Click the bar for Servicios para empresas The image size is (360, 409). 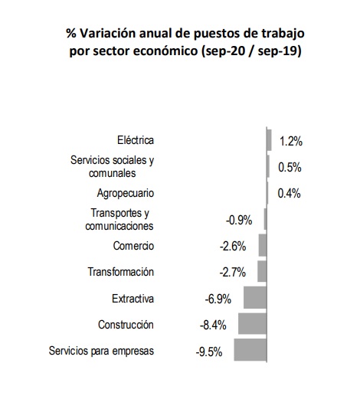[250, 349]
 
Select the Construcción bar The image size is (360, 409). [252, 323]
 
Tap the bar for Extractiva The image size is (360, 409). [255, 297]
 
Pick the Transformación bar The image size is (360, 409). [262, 271]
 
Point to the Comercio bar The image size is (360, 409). [263, 245]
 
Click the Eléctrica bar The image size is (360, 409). [269, 140]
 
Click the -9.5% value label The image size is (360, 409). [209, 352]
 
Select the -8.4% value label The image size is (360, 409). [213, 326]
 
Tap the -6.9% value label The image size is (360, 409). [218, 299]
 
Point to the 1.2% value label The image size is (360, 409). [291, 142]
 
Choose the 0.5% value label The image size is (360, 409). [290, 167]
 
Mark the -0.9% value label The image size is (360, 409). [239, 221]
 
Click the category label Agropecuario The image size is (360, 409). [126, 194]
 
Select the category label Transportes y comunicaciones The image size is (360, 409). [119, 219]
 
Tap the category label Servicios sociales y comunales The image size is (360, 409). [113, 166]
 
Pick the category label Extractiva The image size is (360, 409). [133, 299]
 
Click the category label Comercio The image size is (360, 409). [133, 246]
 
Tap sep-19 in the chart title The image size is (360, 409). [277, 51]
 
